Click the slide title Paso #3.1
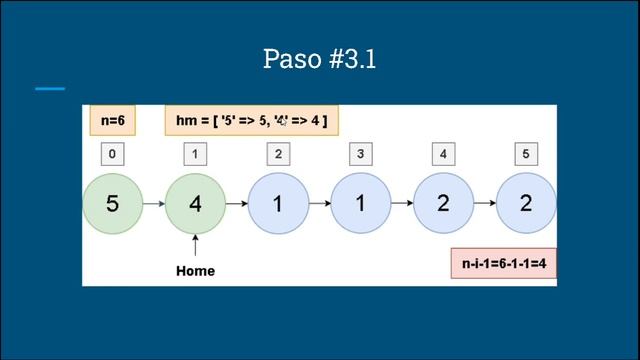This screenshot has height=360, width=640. (320, 58)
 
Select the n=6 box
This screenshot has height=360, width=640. (112, 121)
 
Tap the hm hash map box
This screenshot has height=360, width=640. (251, 121)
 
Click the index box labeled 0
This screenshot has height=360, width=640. (112, 154)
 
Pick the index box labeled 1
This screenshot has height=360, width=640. (195, 154)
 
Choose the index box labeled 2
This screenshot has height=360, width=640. (278, 154)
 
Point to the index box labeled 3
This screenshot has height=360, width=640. (361, 154)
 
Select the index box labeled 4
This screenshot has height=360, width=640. (444, 154)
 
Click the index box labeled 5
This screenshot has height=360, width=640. (527, 154)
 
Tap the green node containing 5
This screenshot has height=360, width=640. (112, 203)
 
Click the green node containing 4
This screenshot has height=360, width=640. (195, 203)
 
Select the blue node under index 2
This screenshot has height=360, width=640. (278, 203)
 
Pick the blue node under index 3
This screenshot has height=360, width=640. (361, 203)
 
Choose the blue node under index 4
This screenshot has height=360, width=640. (444, 203)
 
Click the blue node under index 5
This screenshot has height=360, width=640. (527, 203)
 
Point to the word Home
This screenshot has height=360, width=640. (195, 271)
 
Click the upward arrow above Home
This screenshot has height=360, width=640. (195, 246)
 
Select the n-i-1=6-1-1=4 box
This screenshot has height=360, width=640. (502, 267)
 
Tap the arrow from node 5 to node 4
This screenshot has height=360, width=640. (153, 203)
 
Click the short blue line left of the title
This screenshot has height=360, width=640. (49, 89)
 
